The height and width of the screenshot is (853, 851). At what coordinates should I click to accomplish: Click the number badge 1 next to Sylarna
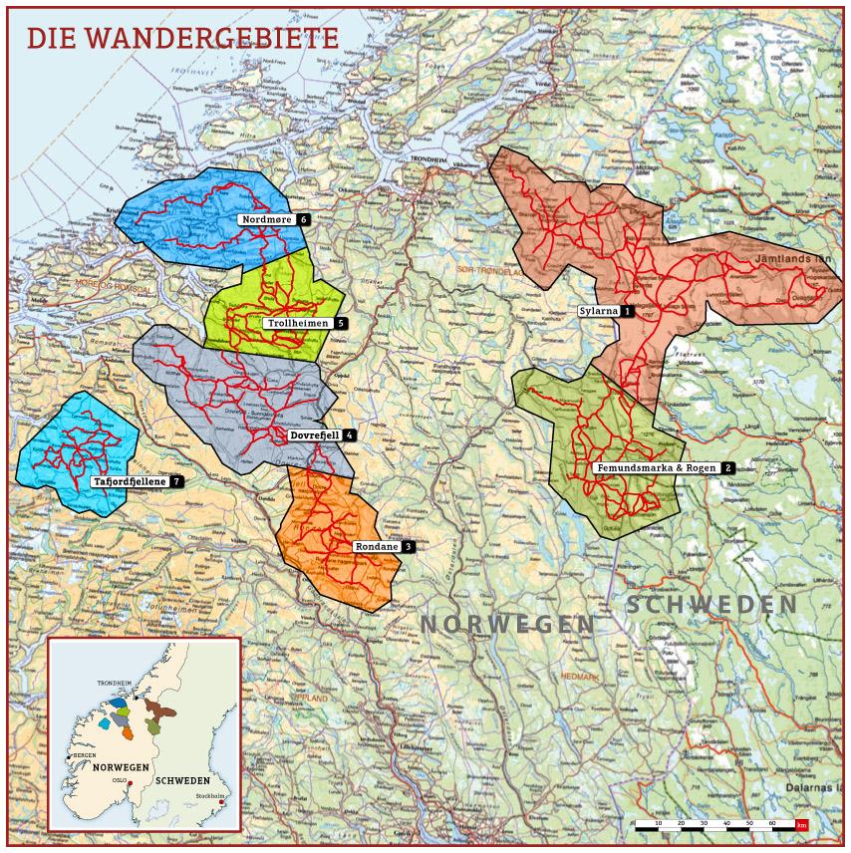tap(628, 311)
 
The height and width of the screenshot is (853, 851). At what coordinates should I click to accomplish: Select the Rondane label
tap(376, 547)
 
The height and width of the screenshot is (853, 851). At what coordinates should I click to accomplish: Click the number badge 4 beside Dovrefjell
tap(350, 435)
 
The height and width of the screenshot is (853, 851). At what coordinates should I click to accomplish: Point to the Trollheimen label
tap(298, 323)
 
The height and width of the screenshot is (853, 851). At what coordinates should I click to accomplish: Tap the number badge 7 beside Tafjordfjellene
tap(175, 481)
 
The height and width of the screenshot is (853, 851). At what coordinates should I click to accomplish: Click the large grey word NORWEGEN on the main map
tap(508, 624)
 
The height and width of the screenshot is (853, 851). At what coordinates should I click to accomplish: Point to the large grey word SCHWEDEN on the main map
tap(711, 605)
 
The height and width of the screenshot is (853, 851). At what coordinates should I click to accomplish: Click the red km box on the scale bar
tap(801, 826)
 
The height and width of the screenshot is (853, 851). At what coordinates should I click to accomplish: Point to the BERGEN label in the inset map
tap(85, 755)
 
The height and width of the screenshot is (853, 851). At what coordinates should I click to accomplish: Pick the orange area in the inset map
tap(128, 733)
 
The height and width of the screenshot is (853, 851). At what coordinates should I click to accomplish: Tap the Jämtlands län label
tap(792, 258)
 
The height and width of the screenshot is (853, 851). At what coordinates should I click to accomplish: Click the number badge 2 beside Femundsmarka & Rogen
tap(727, 467)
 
